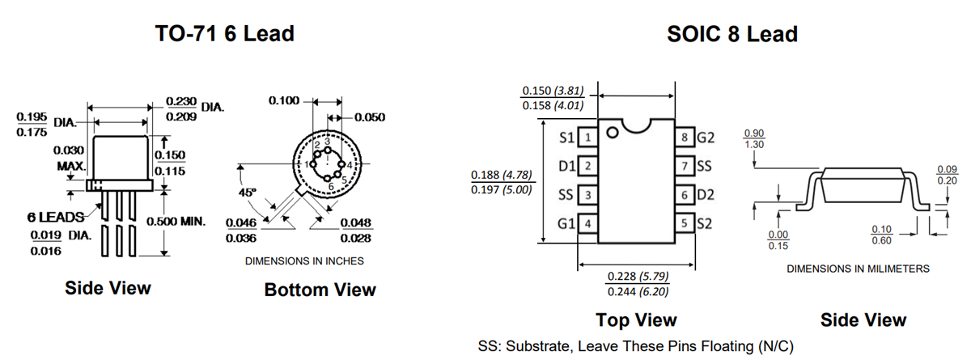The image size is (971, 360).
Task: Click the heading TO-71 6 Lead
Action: [x=224, y=34]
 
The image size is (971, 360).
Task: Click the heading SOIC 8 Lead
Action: [x=731, y=34]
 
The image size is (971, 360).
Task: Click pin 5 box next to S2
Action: [x=685, y=222]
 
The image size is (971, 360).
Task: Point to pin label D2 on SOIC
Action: [x=705, y=195]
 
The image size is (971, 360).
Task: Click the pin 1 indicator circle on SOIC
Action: [x=613, y=132]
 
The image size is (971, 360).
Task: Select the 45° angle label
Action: [x=248, y=193]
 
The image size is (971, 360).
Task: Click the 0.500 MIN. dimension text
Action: [x=176, y=221]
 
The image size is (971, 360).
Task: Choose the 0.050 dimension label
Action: [x=371, y=117]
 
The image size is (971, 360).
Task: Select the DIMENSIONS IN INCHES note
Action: [x=304, y=261]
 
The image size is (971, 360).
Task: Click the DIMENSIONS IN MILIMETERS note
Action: [x=858, y=268]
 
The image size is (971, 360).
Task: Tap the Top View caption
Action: [x=636, y=320]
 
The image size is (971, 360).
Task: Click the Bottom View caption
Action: [x=320, y=290]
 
